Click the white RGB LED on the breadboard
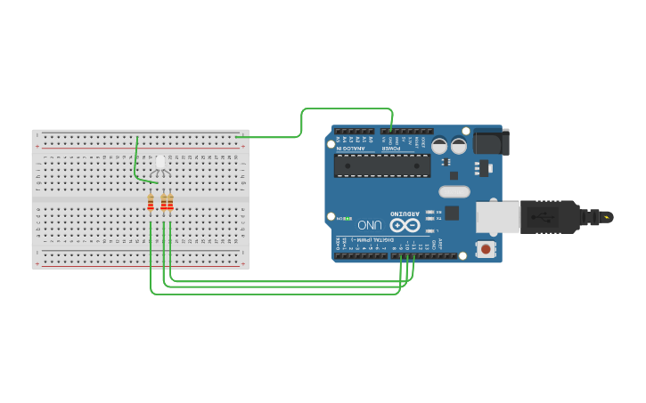tap(160, 163)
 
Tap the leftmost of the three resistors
tap(151, 203)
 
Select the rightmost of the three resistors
tap(170, 203)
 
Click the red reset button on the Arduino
tap(486, 249)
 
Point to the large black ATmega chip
tap(382, 165)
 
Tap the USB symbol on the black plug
tap(545, 216)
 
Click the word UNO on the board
tap(370, 225)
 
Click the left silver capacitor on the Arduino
tap(439, 146)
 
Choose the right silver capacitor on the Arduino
tap(459, 146)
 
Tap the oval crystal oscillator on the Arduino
tap(454, 191)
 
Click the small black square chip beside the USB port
tap(452, 213)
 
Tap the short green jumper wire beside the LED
tap(136, 160)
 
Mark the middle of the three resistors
tap(164, 203)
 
